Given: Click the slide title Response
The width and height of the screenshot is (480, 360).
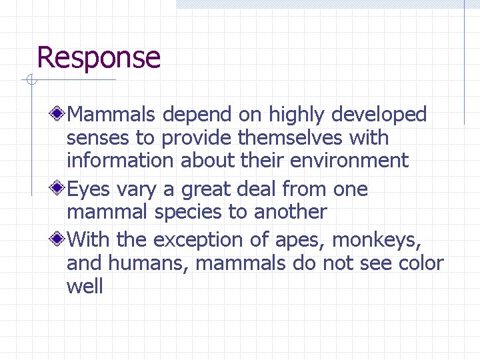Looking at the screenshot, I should pyautogui.click(x=99, y=58).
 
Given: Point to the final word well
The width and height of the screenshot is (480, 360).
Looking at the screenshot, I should pyautogui.click(x=85, y=287).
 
